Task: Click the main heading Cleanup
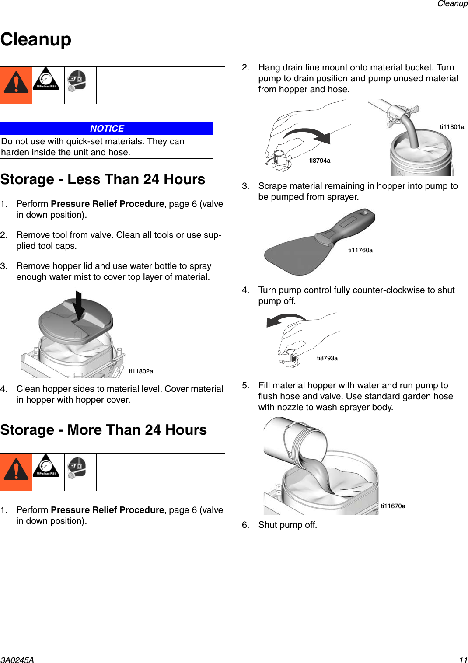click(x=36, y=39)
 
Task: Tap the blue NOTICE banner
click(x=107, y=129)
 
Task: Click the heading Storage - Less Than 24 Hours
click(x=103, y=179)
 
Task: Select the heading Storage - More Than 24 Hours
click(x=104, y=430)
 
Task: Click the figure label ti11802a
click(x=141, y=371)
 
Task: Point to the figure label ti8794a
click(x=320, y=161)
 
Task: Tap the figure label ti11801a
click(x=452, y=127)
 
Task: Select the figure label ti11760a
click(x=360, y=250)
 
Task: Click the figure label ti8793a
click(x=327, y=358)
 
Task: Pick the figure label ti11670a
click(x=393, y=506)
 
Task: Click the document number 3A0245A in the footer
click(x=17, y=660)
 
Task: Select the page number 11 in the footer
click(x=463, y=660)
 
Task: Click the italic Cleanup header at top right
click(x=452, y=4)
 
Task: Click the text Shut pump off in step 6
click(x=287, y=525)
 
